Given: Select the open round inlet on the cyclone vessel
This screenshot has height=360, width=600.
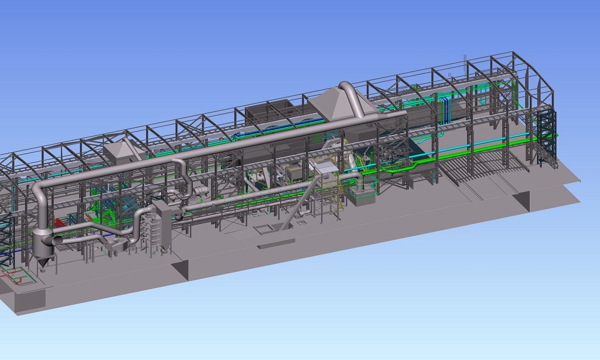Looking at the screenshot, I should [x=57, y=240].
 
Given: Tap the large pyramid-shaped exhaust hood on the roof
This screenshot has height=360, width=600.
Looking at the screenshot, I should [x=335, y=103].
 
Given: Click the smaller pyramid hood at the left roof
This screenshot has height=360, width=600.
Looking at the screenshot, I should [x=122, y=151].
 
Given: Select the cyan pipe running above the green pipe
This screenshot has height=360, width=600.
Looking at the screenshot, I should [x=469, y=146].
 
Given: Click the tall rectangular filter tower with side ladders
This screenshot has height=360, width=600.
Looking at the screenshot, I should [x=160, y=229].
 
